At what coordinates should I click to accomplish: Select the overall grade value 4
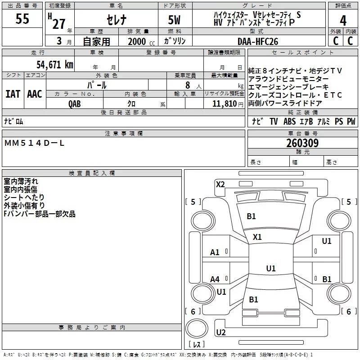coord(343,20)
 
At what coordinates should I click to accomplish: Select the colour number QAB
coord(75,104)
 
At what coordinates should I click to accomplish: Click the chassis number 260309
coord(302,143)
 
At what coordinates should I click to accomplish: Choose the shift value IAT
coord(13,94)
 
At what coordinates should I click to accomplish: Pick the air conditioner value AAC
coord(35,94)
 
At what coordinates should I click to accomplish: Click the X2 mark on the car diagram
coord(220,184)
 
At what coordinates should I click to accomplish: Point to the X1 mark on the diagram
coord(257,237)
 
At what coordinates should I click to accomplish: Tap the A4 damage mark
coord(215,279)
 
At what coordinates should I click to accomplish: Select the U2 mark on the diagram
coord(220,333)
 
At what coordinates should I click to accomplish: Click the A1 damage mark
coord(215,252)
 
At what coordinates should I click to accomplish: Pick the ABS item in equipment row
coord(289,121)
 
